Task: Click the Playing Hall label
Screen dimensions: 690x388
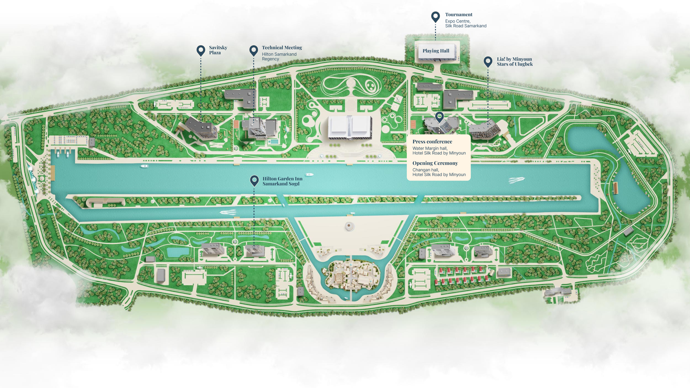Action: [x=436, y=51]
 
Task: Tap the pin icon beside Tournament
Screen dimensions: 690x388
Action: [x=436, y=17]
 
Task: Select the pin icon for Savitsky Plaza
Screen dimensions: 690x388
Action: [x=201, y=50]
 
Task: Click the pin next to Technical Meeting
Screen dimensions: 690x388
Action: [x=254, y=50]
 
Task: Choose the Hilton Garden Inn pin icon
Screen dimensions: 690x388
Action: [x=254, y=181]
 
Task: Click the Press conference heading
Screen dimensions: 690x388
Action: [x=432, y=142]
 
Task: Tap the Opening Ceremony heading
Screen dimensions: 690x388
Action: [x=435, y=163]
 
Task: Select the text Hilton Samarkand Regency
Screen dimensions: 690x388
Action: [x=279, y=57]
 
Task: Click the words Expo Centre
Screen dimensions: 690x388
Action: [x=458, y=21]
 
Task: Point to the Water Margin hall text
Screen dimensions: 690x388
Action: [x=430, y=148]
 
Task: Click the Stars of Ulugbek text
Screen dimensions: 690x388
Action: [x=515, y=64]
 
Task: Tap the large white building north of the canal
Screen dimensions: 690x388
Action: [x=350, y=127]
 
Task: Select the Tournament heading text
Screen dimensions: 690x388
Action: [x=459, y=14]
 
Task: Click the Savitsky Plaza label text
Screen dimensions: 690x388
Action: [x=218, y=50]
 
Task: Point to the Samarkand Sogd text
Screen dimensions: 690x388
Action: [x=281, y=184]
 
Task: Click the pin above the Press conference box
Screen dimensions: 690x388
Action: [x=439, y=117]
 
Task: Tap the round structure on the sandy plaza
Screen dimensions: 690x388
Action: [x=349, y=226]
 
